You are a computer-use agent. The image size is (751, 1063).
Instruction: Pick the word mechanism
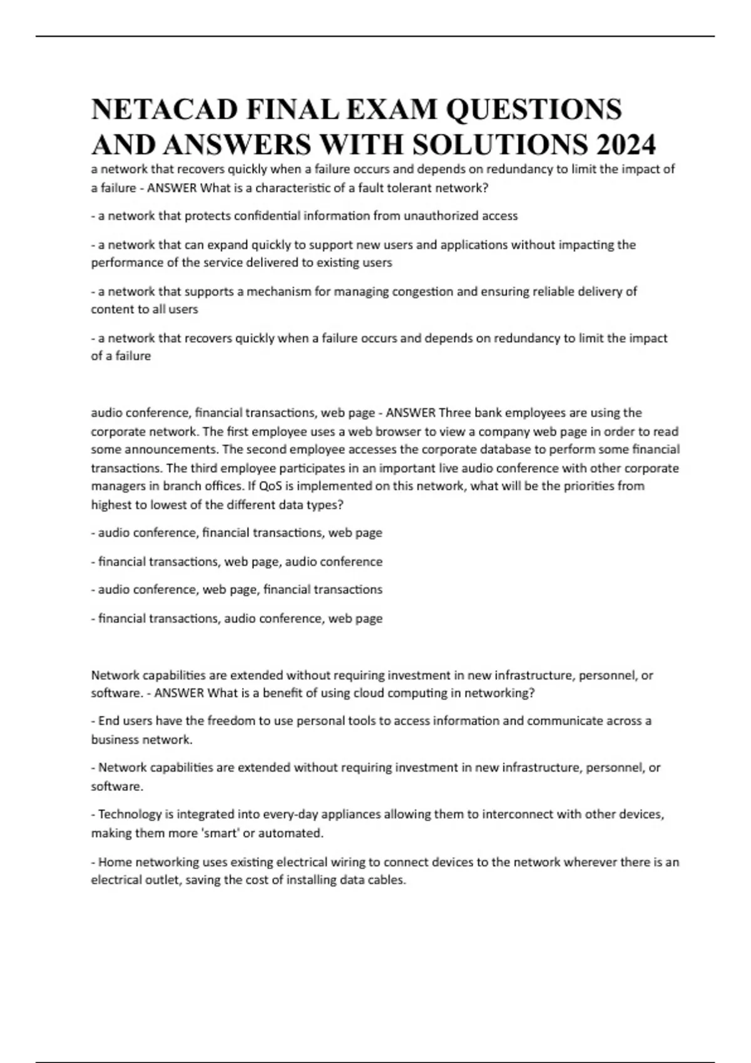(x=275, y=291)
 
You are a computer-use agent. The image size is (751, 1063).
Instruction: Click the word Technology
(x=130, y=815)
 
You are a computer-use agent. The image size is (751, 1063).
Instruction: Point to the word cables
(x=388, y=880)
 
